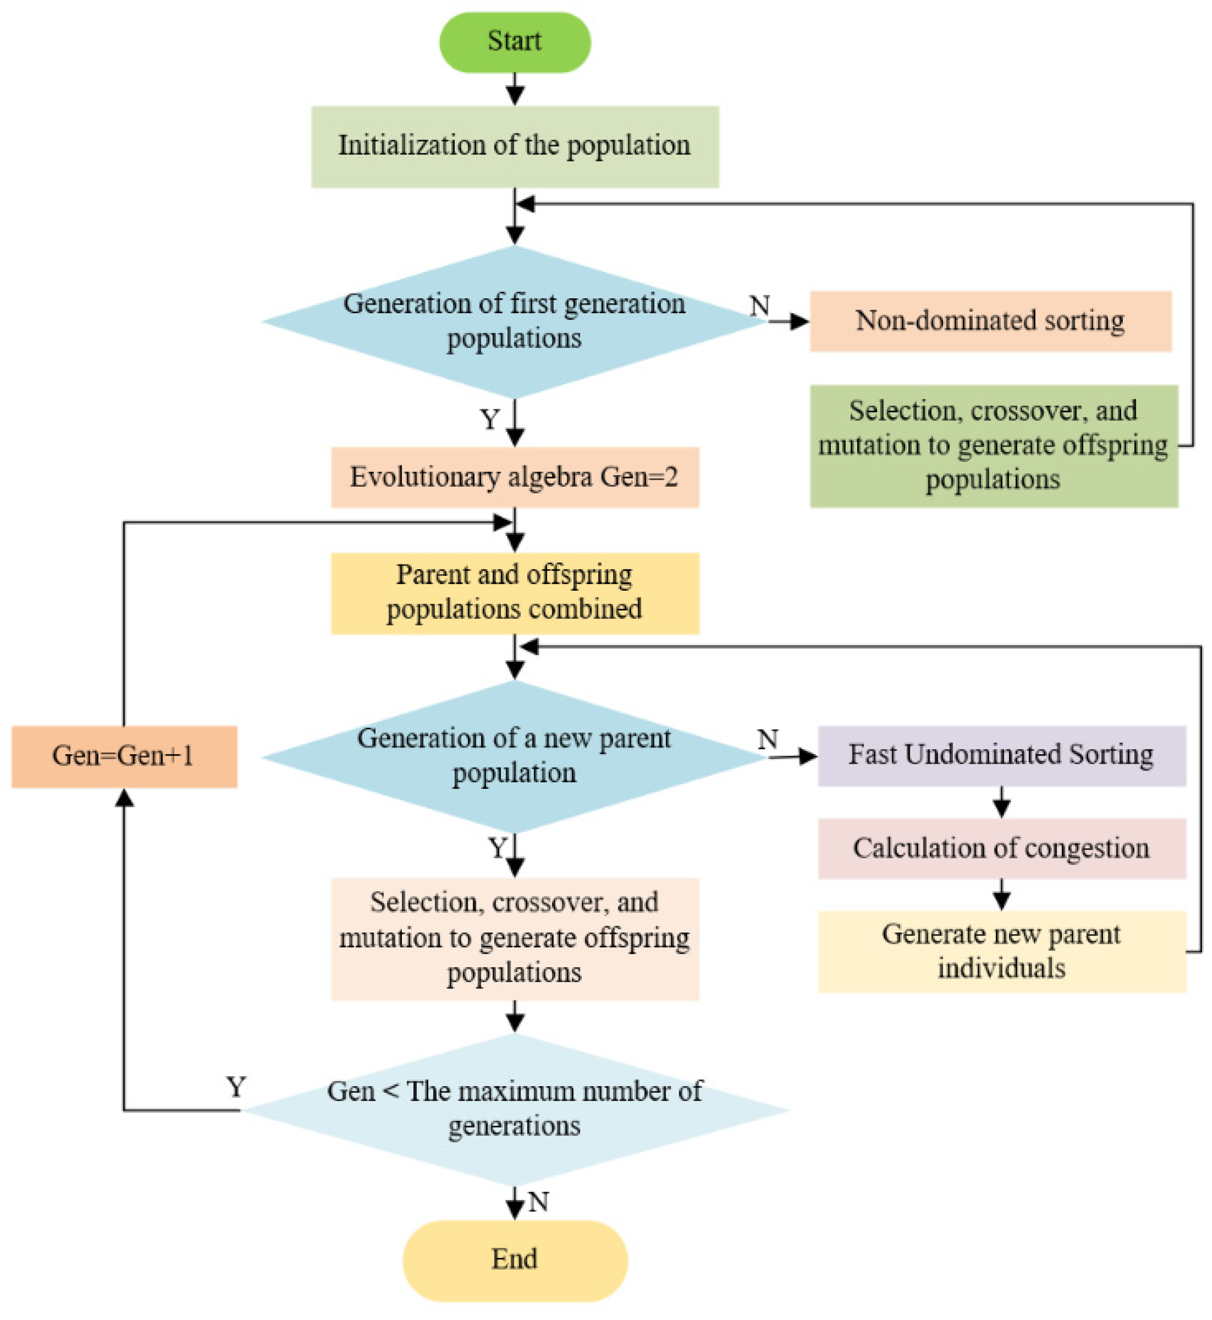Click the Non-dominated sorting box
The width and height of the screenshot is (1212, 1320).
(991, 321)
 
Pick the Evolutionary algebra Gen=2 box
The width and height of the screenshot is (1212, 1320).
(515, 477)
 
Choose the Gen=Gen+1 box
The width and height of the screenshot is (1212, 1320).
(124, 756)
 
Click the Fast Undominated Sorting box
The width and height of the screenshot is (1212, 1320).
(1001, 756)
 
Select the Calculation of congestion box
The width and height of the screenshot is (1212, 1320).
(1001, 848)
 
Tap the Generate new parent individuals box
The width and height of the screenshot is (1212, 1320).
(1001, 951)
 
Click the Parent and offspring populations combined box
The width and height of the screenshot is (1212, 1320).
(515, 593)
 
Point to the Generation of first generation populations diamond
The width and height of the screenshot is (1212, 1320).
(515, 321)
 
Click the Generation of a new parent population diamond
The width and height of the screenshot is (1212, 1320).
(515, 756)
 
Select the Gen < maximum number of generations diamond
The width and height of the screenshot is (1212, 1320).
(515, 1110)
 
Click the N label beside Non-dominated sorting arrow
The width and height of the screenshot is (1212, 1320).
(760, 306)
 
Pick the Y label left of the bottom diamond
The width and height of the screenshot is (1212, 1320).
(236, 1087)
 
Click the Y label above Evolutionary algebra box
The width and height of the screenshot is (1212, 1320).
(490, 420)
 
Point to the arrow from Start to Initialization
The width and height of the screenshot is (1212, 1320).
(515, 89)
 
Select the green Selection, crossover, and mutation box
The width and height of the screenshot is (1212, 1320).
(993, 446)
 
